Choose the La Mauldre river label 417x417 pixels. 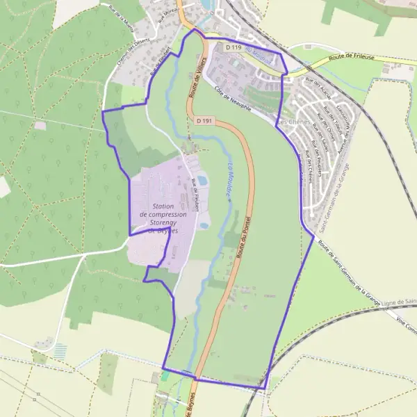pos(230,181)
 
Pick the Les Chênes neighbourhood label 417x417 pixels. pos(293,123)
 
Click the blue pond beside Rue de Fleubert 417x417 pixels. pos(202,181)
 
